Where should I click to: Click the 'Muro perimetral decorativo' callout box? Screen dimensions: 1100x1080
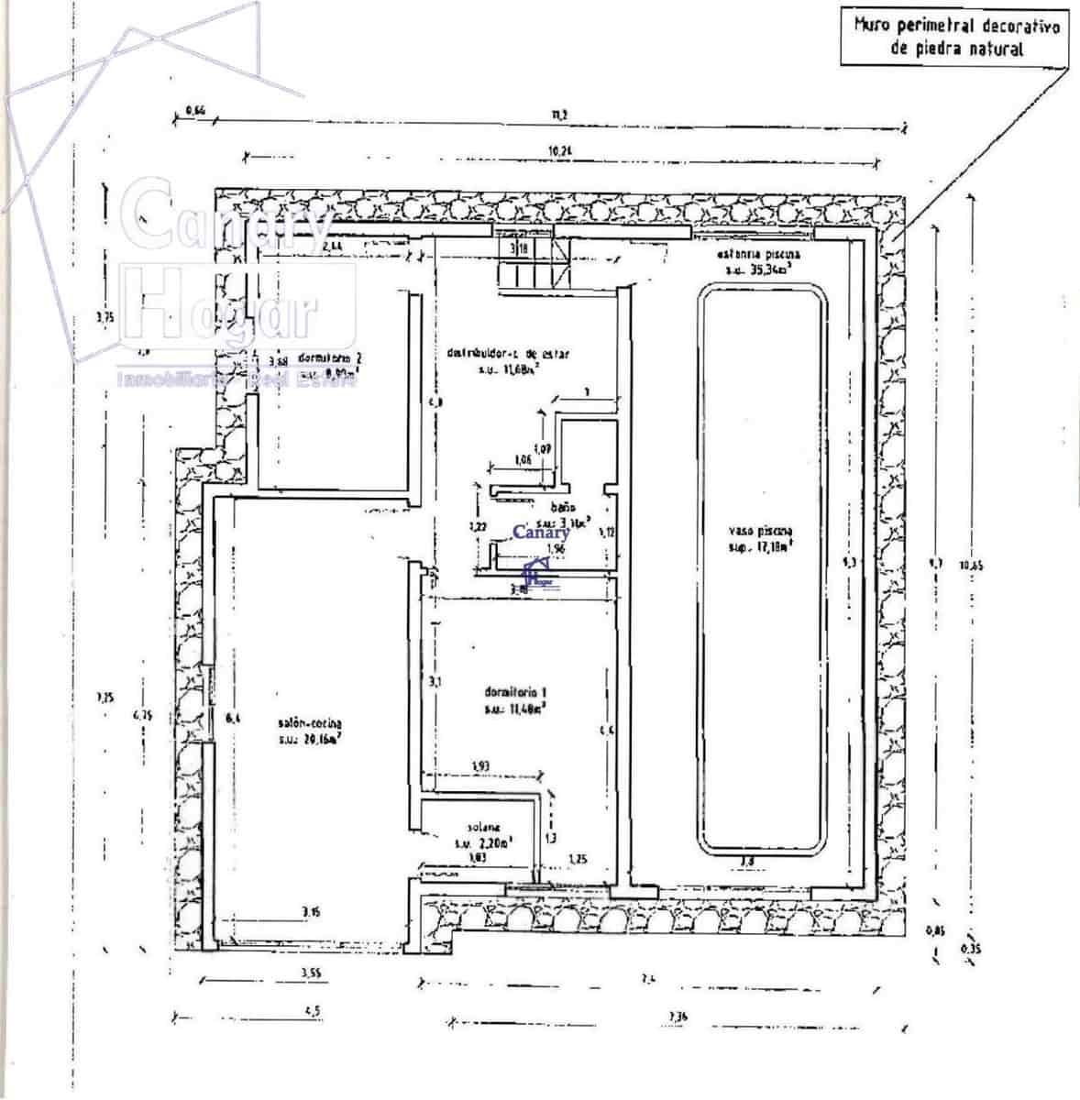click(x=955, y=37)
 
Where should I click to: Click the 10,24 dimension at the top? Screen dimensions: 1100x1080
click(x=559, y=151)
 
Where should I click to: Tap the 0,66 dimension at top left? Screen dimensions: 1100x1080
click(x=194, y=111)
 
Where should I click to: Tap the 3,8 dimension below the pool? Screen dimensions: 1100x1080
click(x=747, y=861)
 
